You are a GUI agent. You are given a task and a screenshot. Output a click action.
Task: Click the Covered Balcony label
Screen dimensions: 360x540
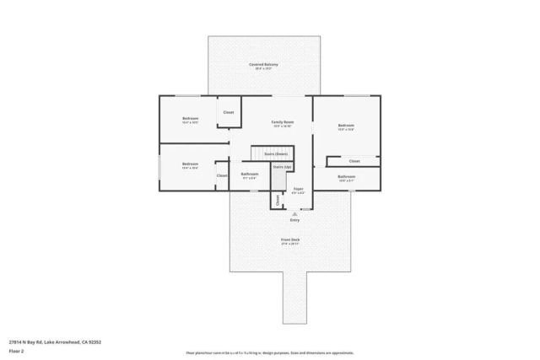263,65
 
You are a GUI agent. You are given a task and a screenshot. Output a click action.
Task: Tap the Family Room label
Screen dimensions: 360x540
282,122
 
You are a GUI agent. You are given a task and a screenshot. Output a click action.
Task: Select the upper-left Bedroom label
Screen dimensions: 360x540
190,118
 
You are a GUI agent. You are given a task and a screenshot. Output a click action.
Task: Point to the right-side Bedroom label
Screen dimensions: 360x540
346,125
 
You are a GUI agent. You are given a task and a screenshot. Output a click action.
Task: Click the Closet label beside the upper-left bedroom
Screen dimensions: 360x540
228,112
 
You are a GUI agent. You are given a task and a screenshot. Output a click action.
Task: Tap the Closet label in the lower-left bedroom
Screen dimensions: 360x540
222,175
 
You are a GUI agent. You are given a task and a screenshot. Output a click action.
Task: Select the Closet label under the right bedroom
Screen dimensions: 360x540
354,160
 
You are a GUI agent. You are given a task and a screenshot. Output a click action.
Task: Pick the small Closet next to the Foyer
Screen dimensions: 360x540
276,200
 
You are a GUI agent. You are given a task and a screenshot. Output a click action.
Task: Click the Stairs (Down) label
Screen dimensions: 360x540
276,154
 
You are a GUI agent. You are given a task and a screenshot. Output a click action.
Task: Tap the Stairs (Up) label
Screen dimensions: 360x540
282,167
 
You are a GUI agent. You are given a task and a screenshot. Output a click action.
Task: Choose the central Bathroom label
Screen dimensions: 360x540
250,175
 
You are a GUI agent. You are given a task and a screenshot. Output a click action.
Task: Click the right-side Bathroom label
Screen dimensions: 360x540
346,176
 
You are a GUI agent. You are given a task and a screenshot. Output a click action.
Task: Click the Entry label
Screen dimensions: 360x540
294,220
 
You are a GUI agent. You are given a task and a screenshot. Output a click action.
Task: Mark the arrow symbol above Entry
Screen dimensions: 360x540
294,213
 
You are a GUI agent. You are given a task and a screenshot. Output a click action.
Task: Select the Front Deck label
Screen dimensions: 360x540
290,240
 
